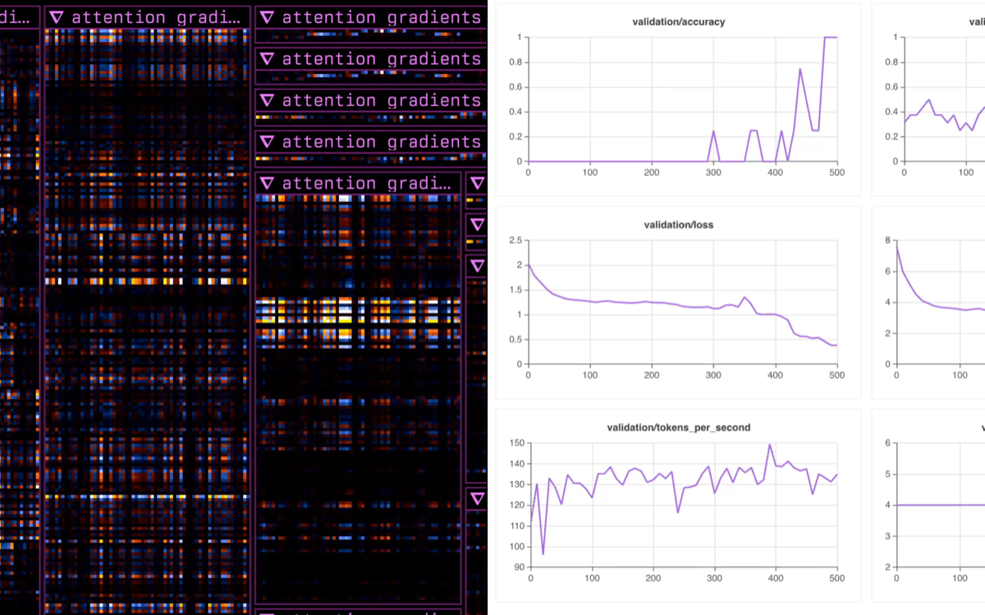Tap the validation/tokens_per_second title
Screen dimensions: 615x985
(x=678, y=428)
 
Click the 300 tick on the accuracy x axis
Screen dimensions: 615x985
(x=713, y=172)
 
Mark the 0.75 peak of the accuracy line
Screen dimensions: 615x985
(x=800, y=69)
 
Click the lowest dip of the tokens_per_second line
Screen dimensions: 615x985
(x=543, y=553)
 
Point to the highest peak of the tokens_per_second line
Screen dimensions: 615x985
(x=770, y=445)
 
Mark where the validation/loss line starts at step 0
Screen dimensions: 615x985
(x=529, y=264)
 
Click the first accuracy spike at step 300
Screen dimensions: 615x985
(x=713, y=131)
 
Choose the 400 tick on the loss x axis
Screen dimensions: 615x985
(x=775, y=375)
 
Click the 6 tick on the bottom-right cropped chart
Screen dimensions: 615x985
(x=886, y=443)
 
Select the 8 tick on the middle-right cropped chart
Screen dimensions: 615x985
(x=886, y=240)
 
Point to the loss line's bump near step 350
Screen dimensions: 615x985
(x=744, y=297)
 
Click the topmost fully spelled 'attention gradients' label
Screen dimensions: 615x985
(x=381, y=17)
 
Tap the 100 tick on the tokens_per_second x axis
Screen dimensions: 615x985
(x=590, y=578)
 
